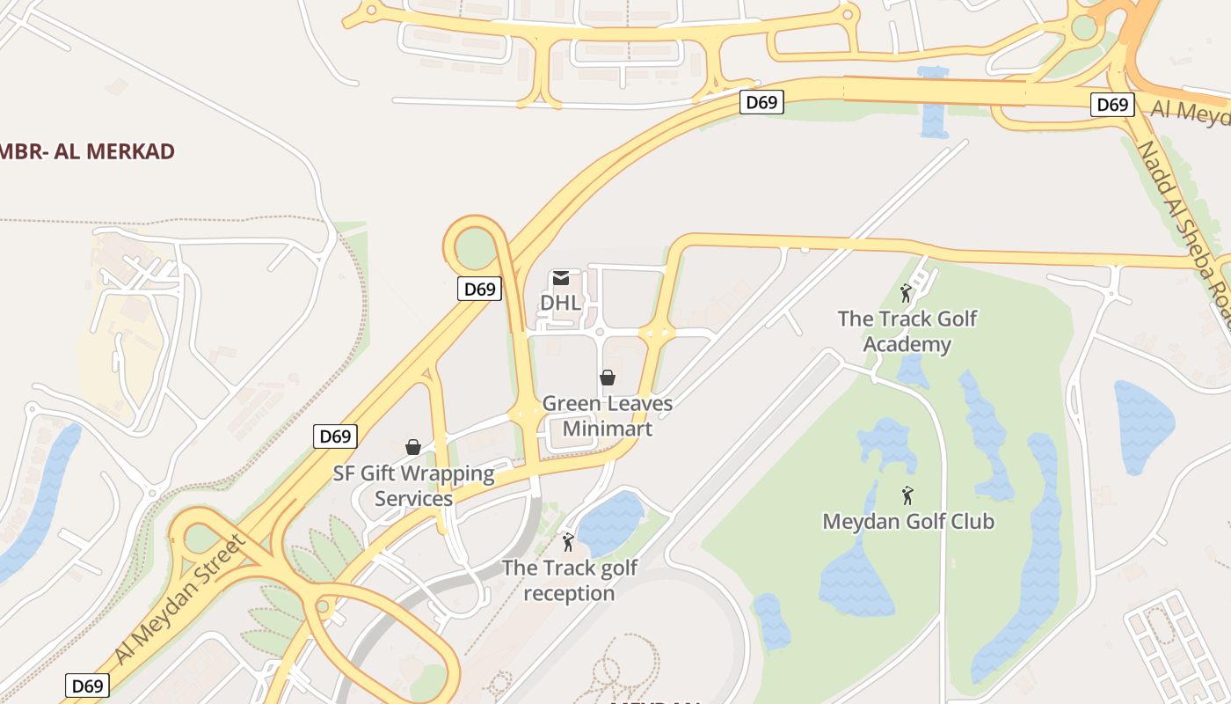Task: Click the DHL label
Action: [560, 303]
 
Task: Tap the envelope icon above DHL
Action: [560, 279]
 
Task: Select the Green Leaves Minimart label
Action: [607, 416]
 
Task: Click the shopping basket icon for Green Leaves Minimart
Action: [607, 378]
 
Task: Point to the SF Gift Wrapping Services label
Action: [413, 486]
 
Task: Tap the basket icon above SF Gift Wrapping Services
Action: [413, 447]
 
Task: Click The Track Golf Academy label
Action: [907, 331]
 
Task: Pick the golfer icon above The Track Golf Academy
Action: [906, 292]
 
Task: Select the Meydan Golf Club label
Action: [908, 521]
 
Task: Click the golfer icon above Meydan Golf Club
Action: [907, 495]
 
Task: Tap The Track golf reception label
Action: [570, 580]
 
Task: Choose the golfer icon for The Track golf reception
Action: [568, 542]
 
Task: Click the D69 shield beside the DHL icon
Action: [479, 289]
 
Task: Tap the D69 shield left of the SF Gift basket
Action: [335, 436]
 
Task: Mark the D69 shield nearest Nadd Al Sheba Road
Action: [1112, 105]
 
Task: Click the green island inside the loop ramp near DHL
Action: [476, 248]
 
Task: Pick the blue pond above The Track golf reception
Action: [611, 522]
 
